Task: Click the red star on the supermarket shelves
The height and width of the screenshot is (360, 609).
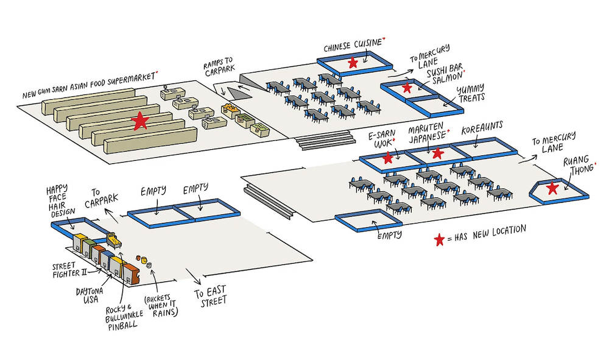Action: tap(141, 121)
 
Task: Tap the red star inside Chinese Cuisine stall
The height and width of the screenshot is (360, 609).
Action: tap(353, 63)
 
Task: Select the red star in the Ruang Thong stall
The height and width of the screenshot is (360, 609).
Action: tap(552, 188)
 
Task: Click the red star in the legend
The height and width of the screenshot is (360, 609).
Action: tap(439, 240)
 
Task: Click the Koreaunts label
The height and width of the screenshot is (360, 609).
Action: tap(482, 130)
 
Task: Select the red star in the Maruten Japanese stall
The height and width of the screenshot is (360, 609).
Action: tap(437, 154)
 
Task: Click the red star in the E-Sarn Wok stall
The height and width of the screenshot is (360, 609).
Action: tap(388, 158)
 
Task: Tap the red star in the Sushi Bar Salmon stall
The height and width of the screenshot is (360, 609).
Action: tap(407, 89)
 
